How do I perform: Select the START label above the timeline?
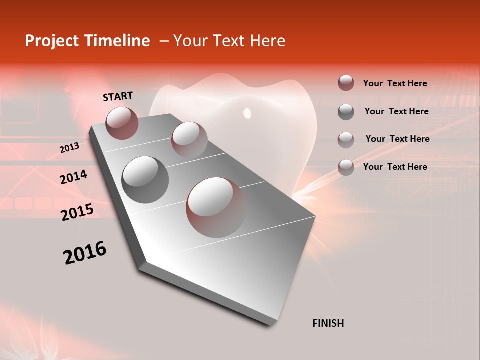click(x=118, y=96)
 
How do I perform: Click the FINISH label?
click(x=328, y=323)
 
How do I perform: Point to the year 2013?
click(x=69, y=148)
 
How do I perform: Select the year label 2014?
click(x=73, y=177)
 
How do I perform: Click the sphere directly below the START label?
click(x=122, y=123)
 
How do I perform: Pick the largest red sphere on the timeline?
click(x=216, y=207)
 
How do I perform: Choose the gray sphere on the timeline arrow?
click(x=145, y=180)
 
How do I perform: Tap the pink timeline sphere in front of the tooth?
click(x=189, y=140)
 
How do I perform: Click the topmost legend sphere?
click(x=346, y=83)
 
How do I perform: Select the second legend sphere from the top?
click(x=346, y=112)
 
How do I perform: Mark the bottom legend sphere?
click(x=346, y=167)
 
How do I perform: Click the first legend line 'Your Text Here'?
click(x=395, y=83)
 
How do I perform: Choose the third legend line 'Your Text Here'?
click(x=397, y=139)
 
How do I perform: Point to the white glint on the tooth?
click(x=247, y=113)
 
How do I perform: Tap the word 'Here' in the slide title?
click(x=267, y=41)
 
